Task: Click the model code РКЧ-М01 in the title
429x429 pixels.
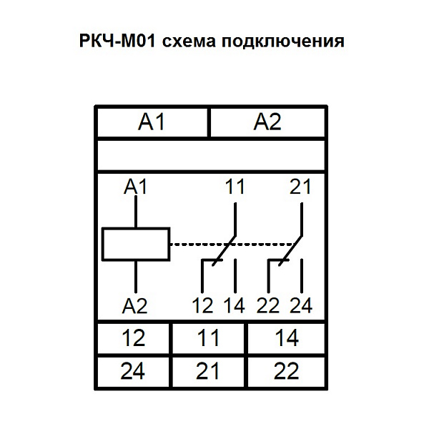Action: (117, 41)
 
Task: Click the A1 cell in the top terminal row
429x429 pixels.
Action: (152, 122)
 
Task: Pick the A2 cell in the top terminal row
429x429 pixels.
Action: (267, 122)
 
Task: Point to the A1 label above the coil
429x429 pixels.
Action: (135, 187)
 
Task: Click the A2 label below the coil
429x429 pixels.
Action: (135, 306)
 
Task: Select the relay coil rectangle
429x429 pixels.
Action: (136, 244)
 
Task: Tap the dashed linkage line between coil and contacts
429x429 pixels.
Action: (233, 244)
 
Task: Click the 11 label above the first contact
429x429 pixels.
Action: (235, 187)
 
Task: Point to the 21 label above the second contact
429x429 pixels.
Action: (300, 187)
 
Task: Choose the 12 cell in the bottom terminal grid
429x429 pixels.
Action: (133, 338)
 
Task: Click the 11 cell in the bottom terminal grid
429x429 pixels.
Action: (209, 338)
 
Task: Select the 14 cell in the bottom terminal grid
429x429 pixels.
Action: (287, 338)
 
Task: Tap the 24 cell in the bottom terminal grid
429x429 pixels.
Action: (133, 372)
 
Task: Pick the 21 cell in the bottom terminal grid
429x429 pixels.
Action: (209, 372)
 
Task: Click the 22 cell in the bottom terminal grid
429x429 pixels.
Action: (287, 372)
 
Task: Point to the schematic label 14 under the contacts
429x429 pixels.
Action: (235, 305)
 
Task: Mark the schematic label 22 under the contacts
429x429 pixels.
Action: (268, 305)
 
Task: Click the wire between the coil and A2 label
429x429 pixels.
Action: (136, 277)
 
